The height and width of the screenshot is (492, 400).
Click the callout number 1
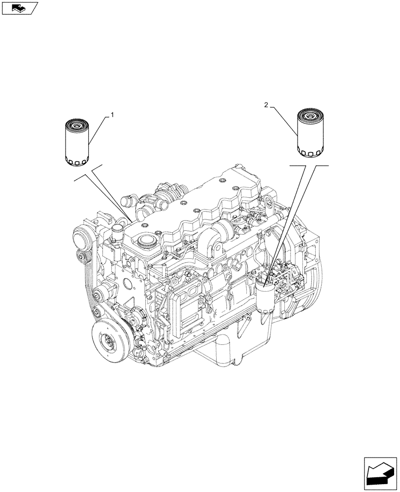(112, 115)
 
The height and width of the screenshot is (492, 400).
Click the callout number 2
(266, 105)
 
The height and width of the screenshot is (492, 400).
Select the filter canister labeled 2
(311, 133)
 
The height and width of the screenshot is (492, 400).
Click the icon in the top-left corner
(20, 8)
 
